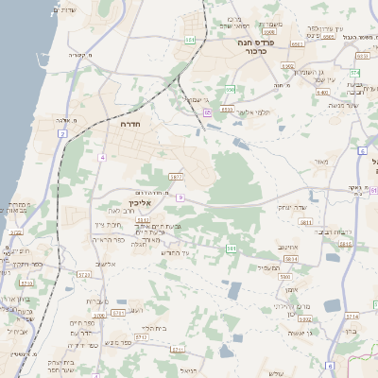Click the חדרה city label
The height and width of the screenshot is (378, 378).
[130, 124]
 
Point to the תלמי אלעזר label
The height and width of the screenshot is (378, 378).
[253, 112]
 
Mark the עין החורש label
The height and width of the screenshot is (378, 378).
[174, 252]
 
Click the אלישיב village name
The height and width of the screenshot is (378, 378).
[106, 264]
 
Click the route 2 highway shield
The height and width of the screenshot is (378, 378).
[62, 134]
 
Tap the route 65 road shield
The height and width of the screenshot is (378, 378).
[207, 112]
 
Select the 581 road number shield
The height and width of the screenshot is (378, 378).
[231, 249]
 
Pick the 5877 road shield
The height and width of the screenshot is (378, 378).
[176, 177]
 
